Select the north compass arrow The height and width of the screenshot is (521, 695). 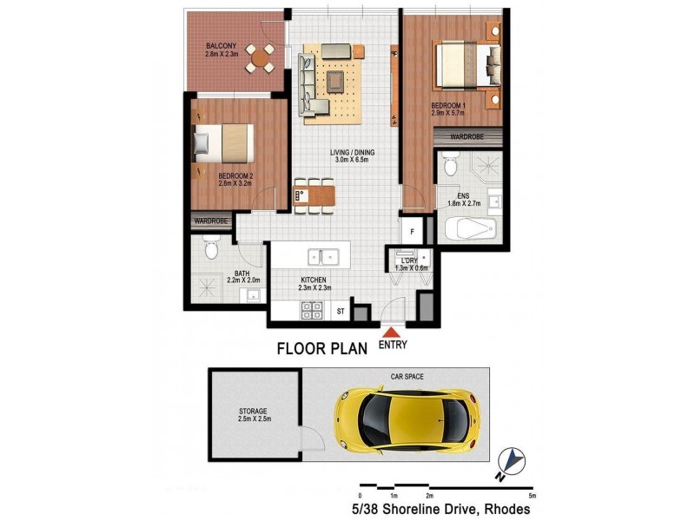(514, 458)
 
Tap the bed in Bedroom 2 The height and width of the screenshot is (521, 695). (222, 142)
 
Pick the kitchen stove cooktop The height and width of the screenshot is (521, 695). (311, 310)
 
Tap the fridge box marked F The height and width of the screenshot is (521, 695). (413, 232)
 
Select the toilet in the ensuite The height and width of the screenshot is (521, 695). (450, 164)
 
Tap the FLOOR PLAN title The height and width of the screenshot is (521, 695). (322, 351)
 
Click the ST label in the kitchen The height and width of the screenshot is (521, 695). (341, 310)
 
